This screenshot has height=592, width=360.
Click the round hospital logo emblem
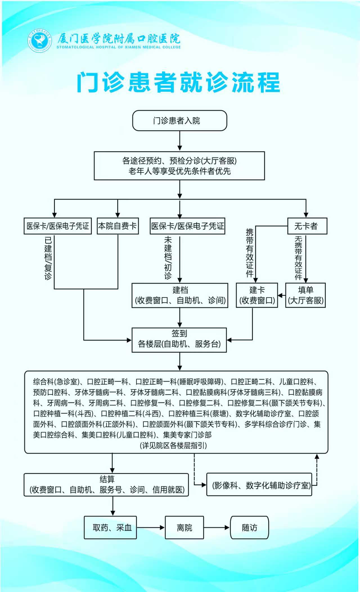pos(40,41)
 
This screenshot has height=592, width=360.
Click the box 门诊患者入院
pos(179,121)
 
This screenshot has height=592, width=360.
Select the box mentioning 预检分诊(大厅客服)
pos(179,166)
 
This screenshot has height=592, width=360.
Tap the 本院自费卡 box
pos(118,226)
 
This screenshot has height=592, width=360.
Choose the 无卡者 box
pos(307,226)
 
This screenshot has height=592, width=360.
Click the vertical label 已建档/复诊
pos(48,258)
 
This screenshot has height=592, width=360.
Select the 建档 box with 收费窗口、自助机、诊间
pos(180,295)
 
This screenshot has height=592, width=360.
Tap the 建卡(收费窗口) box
pos(257,295)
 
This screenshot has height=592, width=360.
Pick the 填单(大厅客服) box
pos(305,295)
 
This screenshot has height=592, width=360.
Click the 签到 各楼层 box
pos(179,340)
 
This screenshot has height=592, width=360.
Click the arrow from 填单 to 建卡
pos(282,295)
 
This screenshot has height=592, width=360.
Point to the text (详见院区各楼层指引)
pos(173,446)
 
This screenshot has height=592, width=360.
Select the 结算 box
pos(106,485)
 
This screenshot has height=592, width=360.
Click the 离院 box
pos(184,527)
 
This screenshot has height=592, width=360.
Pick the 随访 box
pos(249,527)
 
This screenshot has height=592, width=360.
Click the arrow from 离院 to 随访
pos(217,527)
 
